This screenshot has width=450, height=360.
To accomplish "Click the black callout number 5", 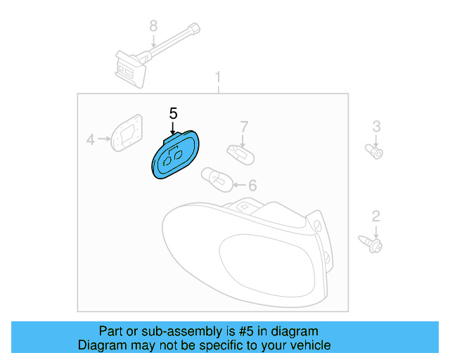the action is pos(174,114).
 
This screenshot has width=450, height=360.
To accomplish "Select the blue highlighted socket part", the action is pos(175,155).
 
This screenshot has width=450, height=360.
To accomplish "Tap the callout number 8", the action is pos(153,26).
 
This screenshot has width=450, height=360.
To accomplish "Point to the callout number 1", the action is pos(218,77).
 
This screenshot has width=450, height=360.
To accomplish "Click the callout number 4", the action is pos(91,139).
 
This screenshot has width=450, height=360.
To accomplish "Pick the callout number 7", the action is pos(244,127).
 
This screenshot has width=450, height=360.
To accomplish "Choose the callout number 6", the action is pos(252,185).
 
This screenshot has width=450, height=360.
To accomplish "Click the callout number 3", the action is pos(377,127).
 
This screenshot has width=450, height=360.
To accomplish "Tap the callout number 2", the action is pos(376,216).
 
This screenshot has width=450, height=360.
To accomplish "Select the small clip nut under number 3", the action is pos(374,152).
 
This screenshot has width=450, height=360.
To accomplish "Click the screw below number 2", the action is pos(371,244).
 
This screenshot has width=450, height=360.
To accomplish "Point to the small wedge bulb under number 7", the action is pos(240,155).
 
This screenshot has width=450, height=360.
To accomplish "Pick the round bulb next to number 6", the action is pos(217,180).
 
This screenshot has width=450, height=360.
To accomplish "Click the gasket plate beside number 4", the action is pos(127,133).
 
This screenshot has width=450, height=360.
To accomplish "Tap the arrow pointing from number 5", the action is pos(172,128).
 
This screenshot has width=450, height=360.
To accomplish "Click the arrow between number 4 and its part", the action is pos(104,139).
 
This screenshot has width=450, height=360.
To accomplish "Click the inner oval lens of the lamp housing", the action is pos(267,264).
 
